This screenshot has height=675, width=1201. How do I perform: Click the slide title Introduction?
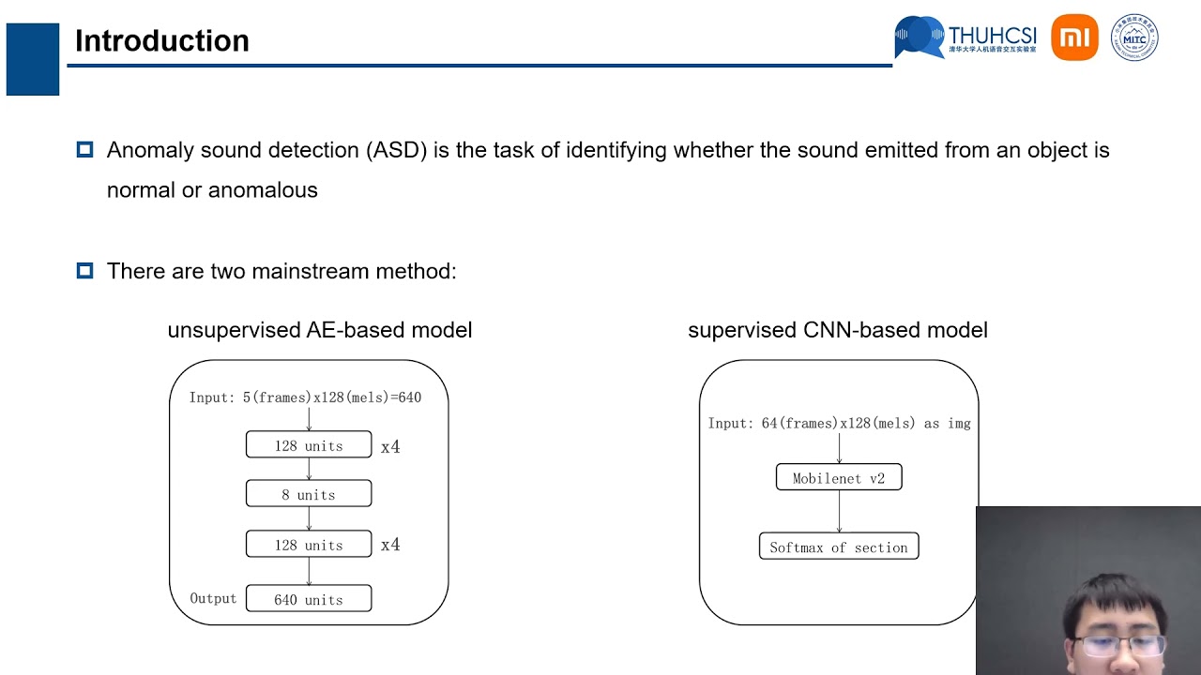[x=161, y=41]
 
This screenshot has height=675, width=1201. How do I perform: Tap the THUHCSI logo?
[x=965, y=37]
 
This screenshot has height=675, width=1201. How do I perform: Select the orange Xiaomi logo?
[x=1074, y=37]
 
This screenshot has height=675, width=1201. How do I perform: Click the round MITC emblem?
[x=1134, y=37]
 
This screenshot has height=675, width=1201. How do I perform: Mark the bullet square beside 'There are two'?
[x=84, y=271]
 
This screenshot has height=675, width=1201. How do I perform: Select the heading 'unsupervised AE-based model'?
[x=319, y=330]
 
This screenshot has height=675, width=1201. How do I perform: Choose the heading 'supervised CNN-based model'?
[x=837, y=330]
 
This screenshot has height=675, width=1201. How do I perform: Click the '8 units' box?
[x=309, y=494]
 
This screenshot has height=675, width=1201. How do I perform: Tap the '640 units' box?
[x=309, y=599]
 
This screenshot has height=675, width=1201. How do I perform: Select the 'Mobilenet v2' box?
[x=838, y=478]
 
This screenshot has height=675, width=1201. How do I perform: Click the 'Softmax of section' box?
[x=838, y=547]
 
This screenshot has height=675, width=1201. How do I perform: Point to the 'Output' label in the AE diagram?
[x=213, y=598]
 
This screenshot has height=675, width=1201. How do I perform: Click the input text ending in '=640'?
[x=305, y=397]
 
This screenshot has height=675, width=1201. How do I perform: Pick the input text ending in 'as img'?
[x=839, y=424]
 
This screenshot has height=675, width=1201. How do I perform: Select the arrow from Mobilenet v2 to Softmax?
[x=839, y=511]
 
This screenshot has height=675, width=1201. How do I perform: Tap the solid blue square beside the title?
[x=33, y=59]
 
